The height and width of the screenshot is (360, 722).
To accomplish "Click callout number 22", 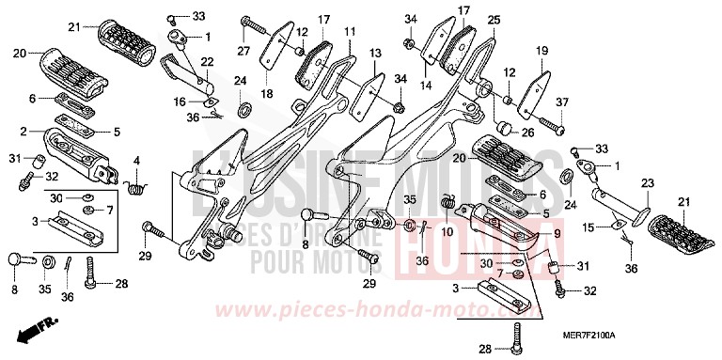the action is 208,62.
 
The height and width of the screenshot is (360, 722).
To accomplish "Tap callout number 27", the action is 243,51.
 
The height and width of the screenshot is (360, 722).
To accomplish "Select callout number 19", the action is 541,50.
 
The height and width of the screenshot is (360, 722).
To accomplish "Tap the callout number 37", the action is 563,102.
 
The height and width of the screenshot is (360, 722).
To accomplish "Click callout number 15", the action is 588,227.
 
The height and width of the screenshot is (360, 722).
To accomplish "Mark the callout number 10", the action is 447,230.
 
